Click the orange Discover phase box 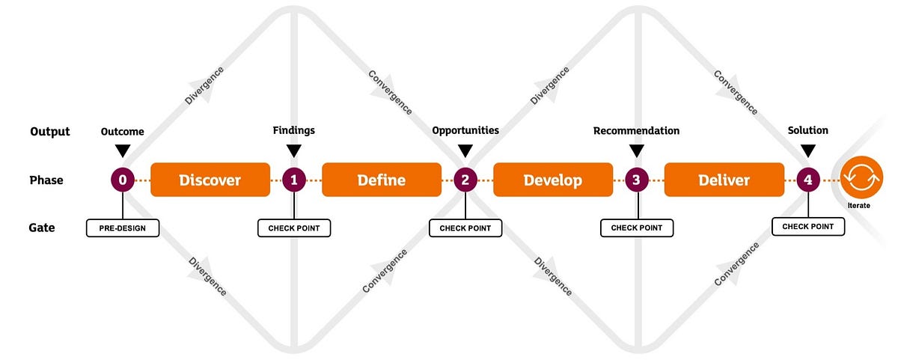(x=210, y=180)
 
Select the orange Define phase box (x=381, y=180)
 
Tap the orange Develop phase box (x=552, y=180)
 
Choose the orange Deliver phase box (x=724, y=180)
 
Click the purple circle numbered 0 (x=123, y=180)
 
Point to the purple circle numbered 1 (x=294, y=180)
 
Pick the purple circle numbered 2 (x=465, y=180)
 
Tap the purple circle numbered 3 (x=636, y=180)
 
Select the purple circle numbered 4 (x=807, y=180)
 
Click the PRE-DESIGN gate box (x=123, y=228)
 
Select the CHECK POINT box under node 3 (x=636, y=228)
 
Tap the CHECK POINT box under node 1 (x=294, y=228)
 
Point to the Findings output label (x=294, y=130)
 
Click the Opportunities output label (x=465, y=130)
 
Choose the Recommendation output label (x=636, y=131)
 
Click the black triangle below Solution (x=807, y=150)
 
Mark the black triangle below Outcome (x=123, y=150)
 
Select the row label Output (x=50, y=132)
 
